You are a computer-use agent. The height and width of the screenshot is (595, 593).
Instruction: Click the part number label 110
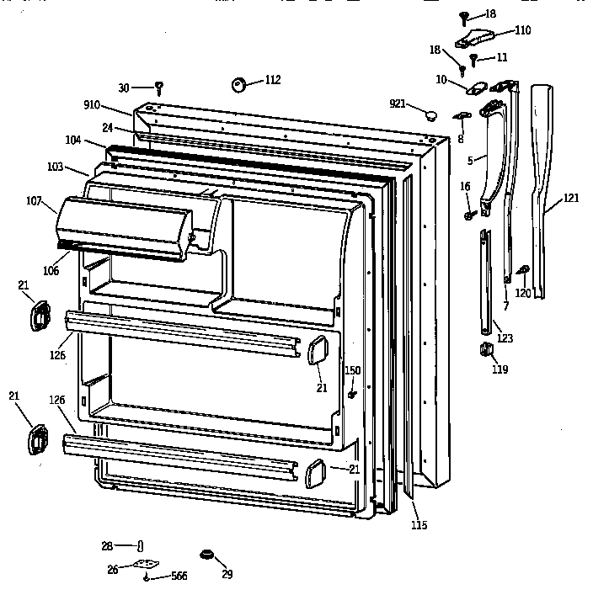(523, 30)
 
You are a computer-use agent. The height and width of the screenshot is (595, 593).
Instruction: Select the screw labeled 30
(158, 86)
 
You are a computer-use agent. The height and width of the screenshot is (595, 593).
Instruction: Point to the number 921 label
(398, 104)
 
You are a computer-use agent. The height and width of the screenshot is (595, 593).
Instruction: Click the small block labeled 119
(487, 349)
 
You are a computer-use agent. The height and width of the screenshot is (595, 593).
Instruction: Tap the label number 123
(505, 338)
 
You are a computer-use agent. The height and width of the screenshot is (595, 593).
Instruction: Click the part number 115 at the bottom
(419, 526)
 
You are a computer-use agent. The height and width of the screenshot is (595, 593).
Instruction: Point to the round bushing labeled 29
(204, 554)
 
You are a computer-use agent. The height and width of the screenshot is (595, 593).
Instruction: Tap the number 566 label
(179, 576)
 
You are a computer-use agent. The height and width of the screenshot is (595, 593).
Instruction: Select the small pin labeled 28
(141, 546)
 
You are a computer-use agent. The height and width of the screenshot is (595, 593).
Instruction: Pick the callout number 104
(73, 140)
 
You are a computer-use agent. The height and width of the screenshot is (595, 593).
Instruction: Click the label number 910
(92, 105)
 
